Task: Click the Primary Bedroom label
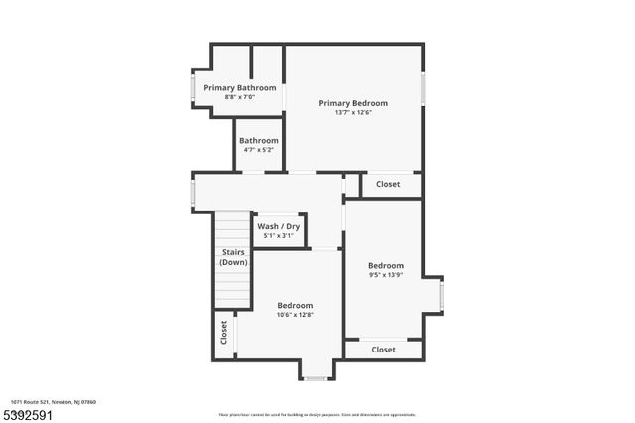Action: [x=352, y=103]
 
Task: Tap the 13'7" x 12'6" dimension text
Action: [x=352, y=112]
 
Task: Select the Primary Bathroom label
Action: [x=240, y=88]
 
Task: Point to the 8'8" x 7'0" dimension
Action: [x=240, y=97]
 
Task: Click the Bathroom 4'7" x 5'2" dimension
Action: [x=258, y=150]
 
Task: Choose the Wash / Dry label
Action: [x=278, y=226]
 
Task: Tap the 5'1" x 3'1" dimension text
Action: [x=278, y=235]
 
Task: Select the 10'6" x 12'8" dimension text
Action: [x=295, y=315]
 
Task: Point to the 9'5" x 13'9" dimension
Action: [x=385, y=275]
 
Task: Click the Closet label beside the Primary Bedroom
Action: [x=387, y=185]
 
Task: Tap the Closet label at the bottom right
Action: [x=383, y=350]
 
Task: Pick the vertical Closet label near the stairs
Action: [x=224, y=333]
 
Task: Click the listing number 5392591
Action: [x=27, y=413]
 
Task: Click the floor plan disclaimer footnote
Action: [x=317, y=414]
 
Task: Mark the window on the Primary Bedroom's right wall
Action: [x=423, y=88]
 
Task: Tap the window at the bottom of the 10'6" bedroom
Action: [x=316, y=378]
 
